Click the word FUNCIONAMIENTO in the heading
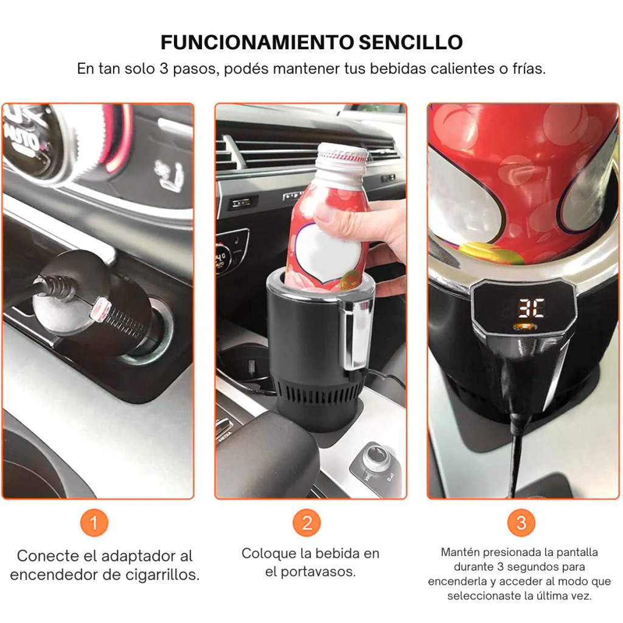pos(257,43)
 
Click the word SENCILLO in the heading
pos(411,43)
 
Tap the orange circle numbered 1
pos(94,523)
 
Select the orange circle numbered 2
pos(307,523)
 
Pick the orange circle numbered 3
pos(521,523)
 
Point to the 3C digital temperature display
pos(531,308)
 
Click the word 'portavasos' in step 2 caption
pos(318,572)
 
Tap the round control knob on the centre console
pos(375,456)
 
